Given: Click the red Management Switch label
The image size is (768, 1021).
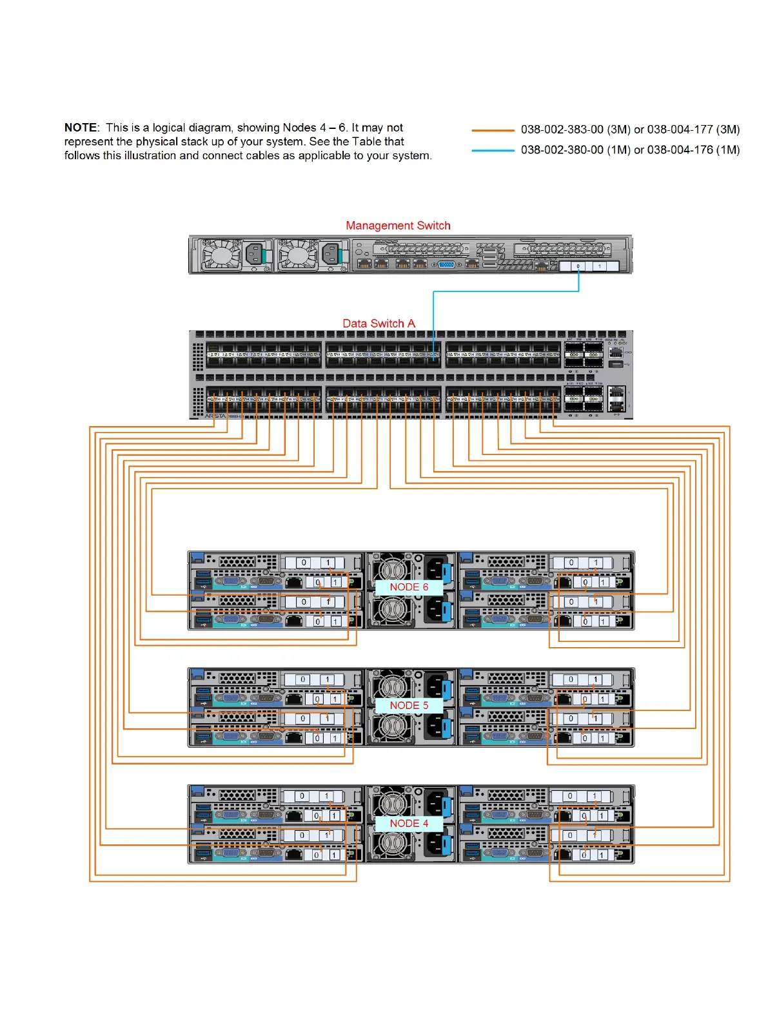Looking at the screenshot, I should tap(398, 226).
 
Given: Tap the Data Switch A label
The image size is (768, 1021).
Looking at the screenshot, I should tap(379, 324).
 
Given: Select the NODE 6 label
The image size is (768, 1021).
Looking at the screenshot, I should tap(409, 587).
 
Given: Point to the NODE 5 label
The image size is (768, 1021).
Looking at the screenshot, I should tap(409, 705).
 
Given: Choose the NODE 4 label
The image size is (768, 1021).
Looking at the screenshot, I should tap(409, 823).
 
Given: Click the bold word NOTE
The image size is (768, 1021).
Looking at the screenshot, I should tap(81, 128).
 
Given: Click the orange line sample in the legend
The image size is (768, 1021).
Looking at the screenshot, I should tap(493, 130).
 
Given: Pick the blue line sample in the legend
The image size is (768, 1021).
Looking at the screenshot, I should tap(493, 151).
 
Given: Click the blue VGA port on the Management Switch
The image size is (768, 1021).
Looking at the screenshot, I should tap(446, 264).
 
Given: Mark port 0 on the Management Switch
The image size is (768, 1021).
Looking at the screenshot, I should tap(578, 266).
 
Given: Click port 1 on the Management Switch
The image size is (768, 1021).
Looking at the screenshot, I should tap(600, 266).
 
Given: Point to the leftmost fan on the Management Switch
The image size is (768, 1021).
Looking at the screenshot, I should tap(221, 255).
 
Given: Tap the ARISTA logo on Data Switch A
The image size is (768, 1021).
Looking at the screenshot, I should tap(215, 416).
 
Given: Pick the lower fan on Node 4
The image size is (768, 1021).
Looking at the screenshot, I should tap(390, 844).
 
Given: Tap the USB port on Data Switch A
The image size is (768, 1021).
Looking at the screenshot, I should tap(616, 365).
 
